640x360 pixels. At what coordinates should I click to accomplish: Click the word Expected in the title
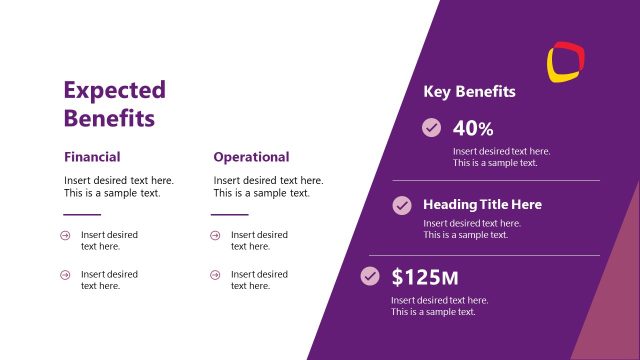[x=114, y=90]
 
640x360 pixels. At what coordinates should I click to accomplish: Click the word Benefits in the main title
[x=109, y=118]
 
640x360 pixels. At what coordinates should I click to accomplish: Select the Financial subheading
[x=92, y=157]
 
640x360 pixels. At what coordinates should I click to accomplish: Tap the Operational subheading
[x=251, y=157]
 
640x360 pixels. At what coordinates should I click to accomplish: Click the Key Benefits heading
[x=469, y=92]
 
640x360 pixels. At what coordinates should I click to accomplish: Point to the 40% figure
[x=473, y=128]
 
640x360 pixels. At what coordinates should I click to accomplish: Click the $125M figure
[x=424, y=276]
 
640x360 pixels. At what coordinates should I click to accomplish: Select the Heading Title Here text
[x=482, y=204]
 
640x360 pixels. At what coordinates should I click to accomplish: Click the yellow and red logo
[x=566, y=61]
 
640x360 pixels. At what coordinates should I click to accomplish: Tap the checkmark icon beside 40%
[x=431, y=128]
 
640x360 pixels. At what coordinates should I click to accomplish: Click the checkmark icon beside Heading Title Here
[x=402, y=205]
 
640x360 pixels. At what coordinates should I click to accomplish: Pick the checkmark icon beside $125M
[x=370, y=275]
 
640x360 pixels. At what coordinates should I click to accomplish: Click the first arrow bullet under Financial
[x=65, y=235]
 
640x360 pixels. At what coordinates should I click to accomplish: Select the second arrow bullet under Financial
[x=65, y=274]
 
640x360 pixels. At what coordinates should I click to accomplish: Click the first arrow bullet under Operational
[x=215, y=235]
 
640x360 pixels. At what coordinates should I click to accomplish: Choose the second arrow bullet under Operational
[x=215, y=274]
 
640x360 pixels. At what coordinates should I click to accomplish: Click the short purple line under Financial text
[x=82, y=214]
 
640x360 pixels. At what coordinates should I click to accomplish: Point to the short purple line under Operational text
[x=230, y=214]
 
